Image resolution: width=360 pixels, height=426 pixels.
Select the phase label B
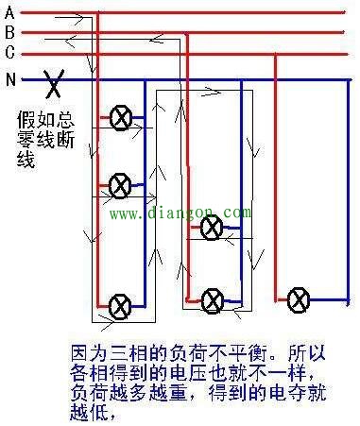[9, 31]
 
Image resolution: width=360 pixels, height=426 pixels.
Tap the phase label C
[9, 49]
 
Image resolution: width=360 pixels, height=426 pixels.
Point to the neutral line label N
[10, 79]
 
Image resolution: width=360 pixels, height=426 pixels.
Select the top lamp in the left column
[120, 118]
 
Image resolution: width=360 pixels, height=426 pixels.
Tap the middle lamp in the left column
[119, 185]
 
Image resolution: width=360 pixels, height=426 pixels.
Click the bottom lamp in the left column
[119, 305]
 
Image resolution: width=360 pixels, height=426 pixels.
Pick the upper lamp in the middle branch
[213, 226]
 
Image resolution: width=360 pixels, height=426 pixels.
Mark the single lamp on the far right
[299, 299]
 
